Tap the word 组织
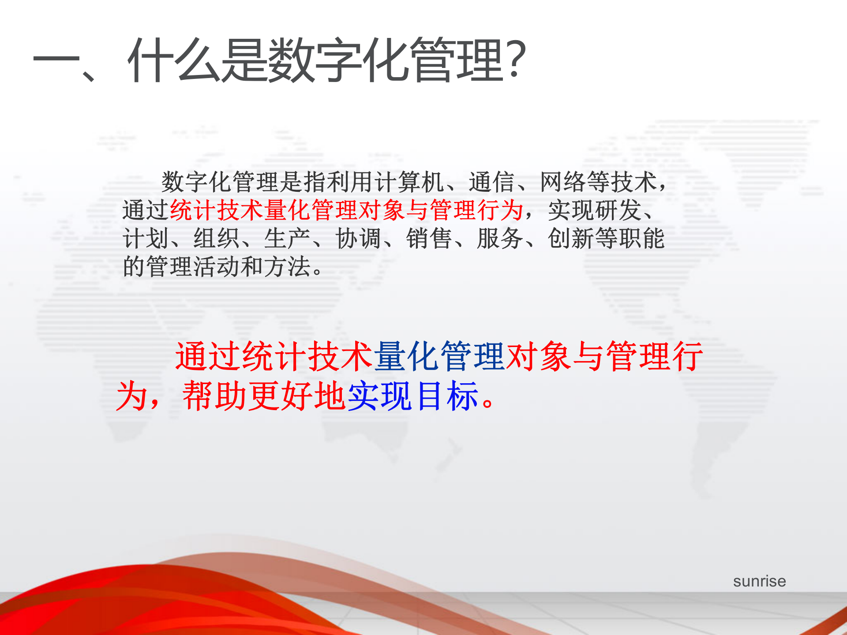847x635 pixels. (216, 239)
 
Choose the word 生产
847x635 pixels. (287, 239)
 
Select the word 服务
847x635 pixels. (500, 239)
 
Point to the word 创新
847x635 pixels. (571, 239)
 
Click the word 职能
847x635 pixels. (642, 239)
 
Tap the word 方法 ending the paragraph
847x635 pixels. (287, 267)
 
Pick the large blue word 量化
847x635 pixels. (406, 356)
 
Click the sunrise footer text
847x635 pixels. (759, 581)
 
